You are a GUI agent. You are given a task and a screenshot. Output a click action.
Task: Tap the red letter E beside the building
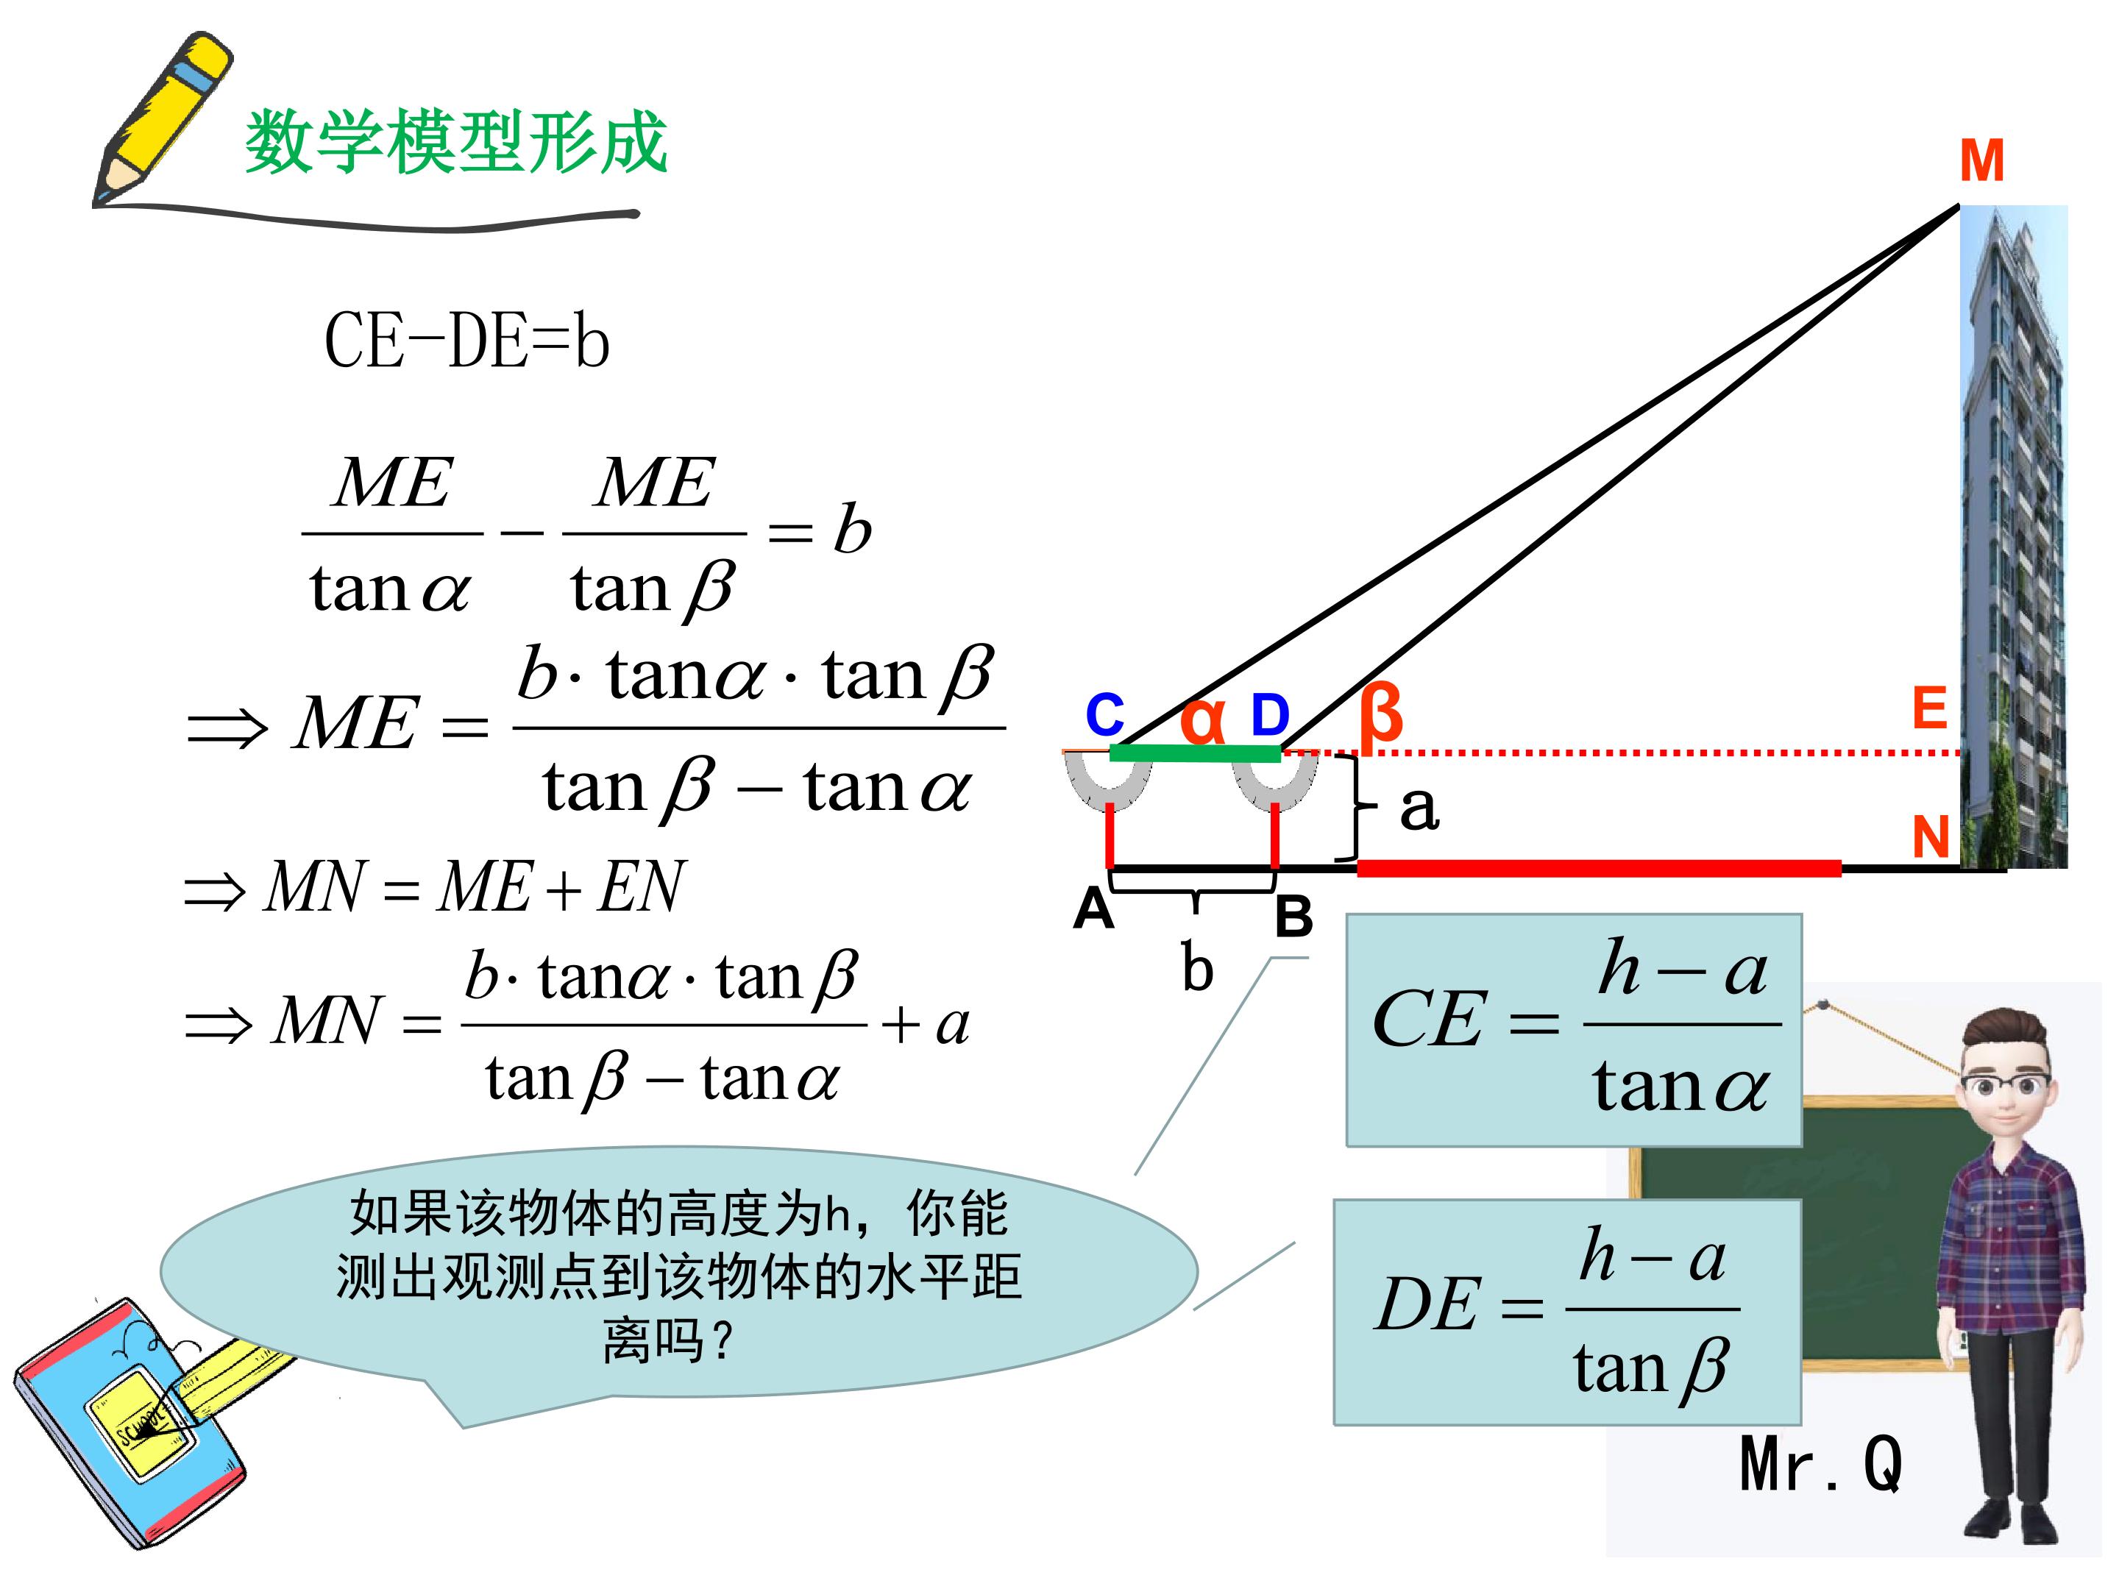point(1929,708)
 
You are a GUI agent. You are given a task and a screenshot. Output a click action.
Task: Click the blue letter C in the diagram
point(1104,714)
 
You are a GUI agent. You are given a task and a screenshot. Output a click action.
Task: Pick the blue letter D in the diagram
point(1270,714)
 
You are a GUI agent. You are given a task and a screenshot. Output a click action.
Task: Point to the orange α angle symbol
point(1202,719)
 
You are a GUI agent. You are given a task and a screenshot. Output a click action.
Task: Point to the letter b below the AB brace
point(1197,967)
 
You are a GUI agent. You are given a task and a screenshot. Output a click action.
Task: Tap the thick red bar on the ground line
point(1599,868)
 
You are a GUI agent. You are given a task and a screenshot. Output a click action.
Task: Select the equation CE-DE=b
point(466,341)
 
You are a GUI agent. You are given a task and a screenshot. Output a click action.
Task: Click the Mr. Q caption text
point(1820,1463)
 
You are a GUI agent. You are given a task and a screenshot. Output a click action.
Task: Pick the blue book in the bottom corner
point(129,1421)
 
